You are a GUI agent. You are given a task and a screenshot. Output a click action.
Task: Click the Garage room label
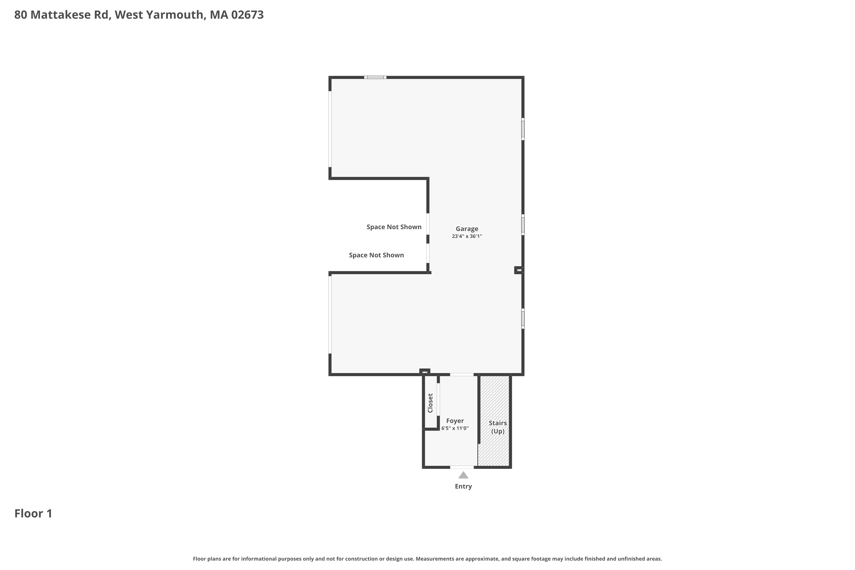click(467, 229)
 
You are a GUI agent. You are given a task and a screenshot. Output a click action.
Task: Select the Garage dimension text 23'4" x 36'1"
click(467, 236)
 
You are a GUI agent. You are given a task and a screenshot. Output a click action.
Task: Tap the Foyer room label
click(455, 421)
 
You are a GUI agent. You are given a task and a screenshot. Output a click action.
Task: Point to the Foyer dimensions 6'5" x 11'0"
click(455, 428)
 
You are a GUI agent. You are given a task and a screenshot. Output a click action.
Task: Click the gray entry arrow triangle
click(463, 475)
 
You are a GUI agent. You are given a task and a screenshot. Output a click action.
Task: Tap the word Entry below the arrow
click(463, 486)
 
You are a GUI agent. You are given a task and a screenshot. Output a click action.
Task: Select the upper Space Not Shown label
click(394, 227)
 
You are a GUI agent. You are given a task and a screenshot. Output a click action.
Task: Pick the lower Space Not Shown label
click(376, 255)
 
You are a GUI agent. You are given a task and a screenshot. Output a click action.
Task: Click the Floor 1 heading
click(33, 513)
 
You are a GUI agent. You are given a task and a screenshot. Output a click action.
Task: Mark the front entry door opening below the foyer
click(462, 467)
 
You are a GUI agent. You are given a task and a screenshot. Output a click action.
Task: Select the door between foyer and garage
click(462, 374)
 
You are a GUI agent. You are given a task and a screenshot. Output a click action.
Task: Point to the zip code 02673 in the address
click(247, 15)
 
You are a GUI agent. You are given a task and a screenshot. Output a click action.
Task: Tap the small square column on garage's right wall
click(519, 270)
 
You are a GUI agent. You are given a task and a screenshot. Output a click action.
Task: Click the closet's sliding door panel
click(438, 399)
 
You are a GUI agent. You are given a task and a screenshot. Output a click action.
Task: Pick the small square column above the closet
click(425, 372)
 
